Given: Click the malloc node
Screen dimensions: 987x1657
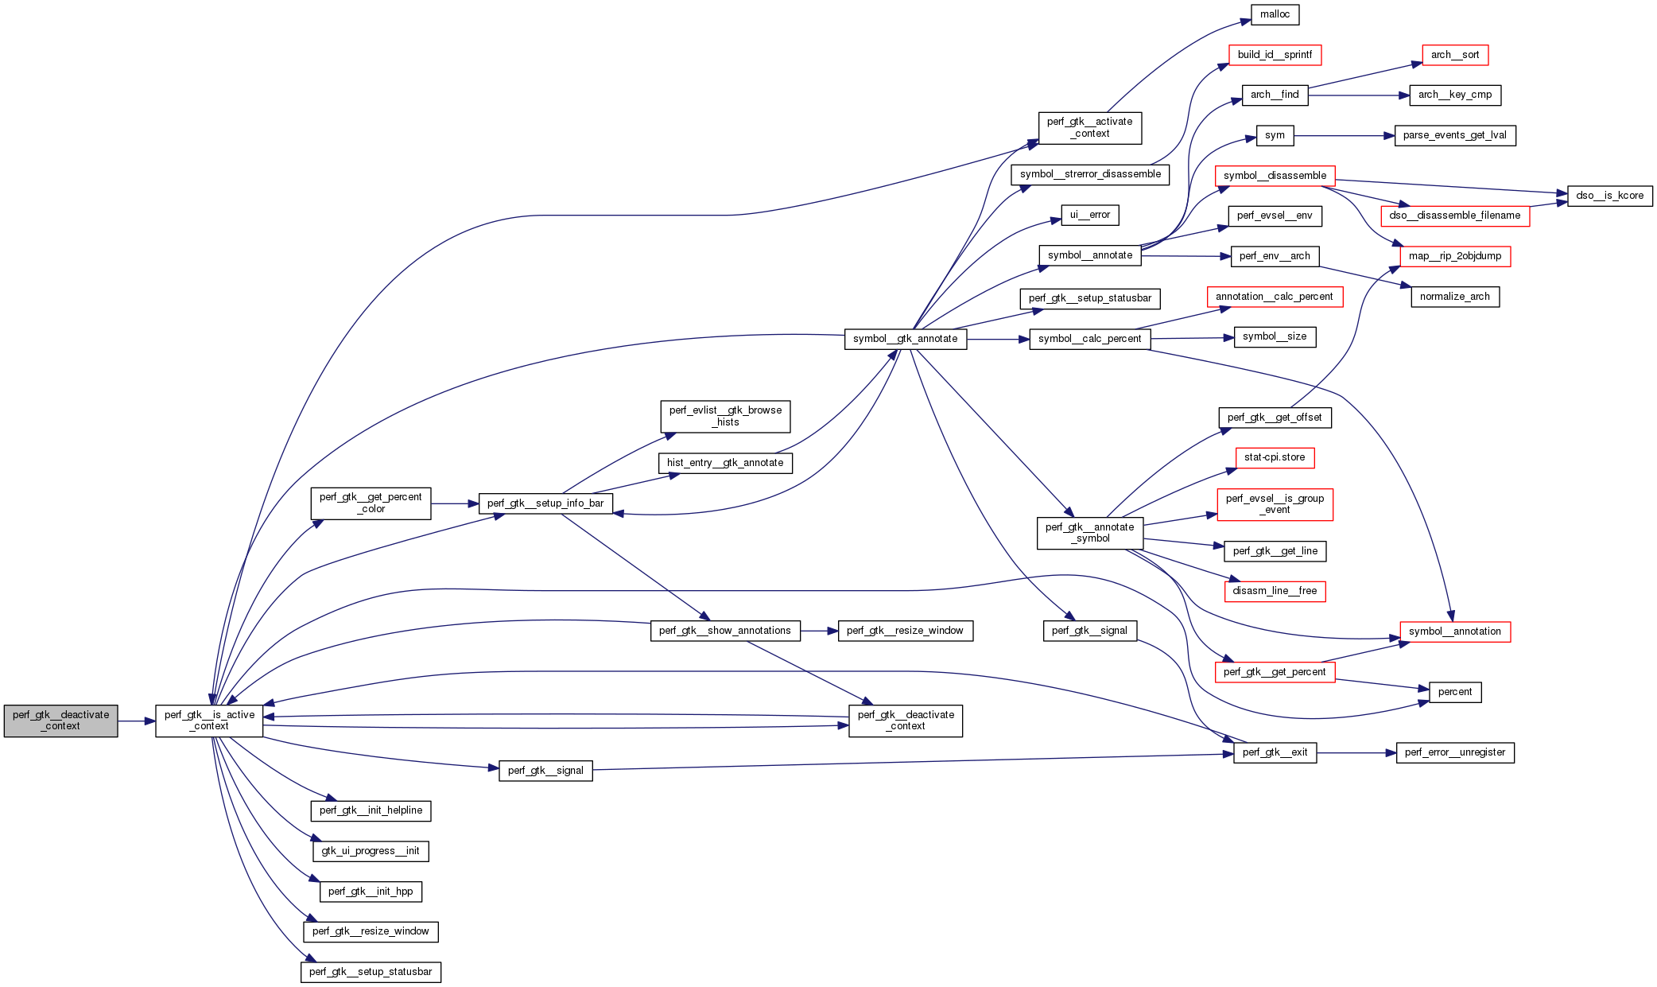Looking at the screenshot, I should [1275, 14].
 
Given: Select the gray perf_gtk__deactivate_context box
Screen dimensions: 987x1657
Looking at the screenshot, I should [61, 721].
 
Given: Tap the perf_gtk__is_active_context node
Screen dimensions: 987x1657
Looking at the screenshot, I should [209, 721].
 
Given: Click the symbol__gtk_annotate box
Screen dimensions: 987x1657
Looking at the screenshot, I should [905, 339].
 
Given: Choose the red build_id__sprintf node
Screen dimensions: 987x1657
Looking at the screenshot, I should [1275, 55].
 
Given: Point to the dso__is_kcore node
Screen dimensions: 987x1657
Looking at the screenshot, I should [1609, 196].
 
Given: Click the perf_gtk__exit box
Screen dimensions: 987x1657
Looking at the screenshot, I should [1275, 752].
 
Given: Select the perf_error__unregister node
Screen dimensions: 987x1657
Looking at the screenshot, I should [1454, 752].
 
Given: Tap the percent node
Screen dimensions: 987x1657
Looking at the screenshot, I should [1454, 692].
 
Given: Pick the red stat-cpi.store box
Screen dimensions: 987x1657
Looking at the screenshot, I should [1275, 457].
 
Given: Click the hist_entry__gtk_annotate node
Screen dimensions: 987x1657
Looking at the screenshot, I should [724, 463].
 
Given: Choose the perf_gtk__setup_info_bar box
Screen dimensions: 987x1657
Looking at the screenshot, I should [545, 503].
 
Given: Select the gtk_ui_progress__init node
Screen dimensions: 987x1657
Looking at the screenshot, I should [371, 851].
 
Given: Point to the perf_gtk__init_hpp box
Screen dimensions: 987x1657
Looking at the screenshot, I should [371, 892].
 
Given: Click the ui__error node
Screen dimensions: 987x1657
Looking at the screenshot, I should [1089, 215].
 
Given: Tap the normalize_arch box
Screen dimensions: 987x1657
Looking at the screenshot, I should [1454, 297].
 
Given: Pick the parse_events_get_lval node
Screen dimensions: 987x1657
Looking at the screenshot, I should [1454, 135].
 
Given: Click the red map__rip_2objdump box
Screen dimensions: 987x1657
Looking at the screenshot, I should [1454, 256].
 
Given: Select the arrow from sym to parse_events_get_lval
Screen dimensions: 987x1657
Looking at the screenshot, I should [1344, 136].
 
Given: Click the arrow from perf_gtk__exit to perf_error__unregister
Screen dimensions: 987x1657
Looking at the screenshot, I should [1356, 752].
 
